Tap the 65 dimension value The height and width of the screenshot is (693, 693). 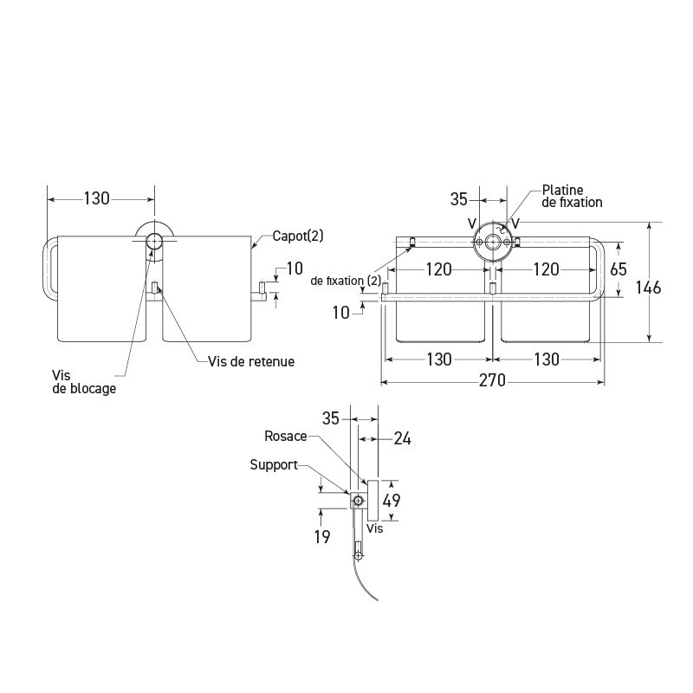coord(618,269)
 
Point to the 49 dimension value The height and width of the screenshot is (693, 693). coord(392,501)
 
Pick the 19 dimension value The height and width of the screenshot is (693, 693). coord(321,537)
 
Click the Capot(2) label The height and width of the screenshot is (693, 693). coord(299,236)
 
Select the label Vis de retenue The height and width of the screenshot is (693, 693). coord(251,361)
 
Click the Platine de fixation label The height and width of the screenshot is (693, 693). coord(572,196)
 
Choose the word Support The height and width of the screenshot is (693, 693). coord(274,465)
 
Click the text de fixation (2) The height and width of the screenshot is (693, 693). coord(346,280)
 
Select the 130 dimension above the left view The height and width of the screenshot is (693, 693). coord(96,198)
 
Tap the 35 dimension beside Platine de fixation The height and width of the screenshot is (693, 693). coord(459,199)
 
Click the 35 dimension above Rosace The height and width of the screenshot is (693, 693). coord(332,418)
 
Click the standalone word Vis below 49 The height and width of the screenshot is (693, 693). coord(374,527)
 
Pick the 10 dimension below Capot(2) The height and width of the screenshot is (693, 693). coord(295,268)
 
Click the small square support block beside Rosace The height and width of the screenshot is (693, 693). coord(357,501)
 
